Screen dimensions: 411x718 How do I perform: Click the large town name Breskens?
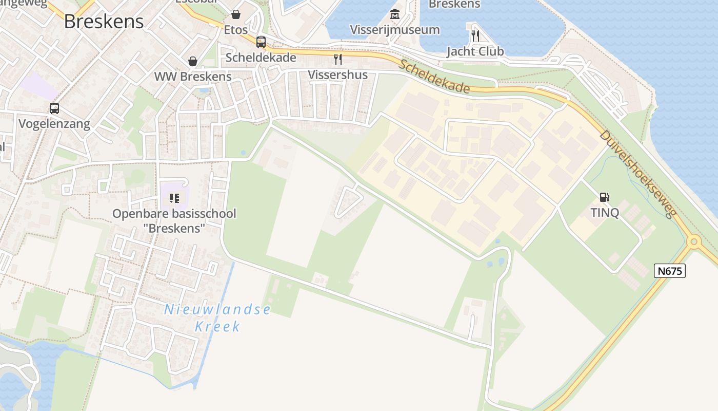[104, 21]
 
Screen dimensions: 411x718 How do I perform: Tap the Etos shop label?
[236, 30]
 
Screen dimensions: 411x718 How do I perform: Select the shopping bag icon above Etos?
[236, 14]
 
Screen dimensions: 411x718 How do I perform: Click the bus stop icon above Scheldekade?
[261, 42]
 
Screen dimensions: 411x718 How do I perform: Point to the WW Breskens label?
[193, 77]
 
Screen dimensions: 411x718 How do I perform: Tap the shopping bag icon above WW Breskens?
[193, 61]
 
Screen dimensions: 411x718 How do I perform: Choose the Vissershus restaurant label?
[337, 74]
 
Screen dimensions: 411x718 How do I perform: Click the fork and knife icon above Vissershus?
[337, 59]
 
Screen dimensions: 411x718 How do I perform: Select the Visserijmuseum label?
[395, 30]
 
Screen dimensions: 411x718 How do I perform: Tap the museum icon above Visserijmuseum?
[395, 14]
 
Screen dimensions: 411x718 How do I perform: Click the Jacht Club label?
[475, 51]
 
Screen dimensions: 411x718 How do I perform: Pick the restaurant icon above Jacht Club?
[475, 35]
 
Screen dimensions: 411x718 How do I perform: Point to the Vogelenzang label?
[54, 124]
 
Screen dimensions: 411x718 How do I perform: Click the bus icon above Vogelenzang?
[54, 108]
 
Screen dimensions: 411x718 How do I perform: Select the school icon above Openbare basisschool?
[174, 198]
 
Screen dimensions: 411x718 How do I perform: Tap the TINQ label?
[605, 213]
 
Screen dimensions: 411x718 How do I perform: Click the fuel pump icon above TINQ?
[605, 197]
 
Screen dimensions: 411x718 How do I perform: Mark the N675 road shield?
[670, 271]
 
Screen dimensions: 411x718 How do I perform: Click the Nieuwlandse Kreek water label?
[217, 317]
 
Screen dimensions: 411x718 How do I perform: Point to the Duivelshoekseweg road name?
[636, 174]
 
